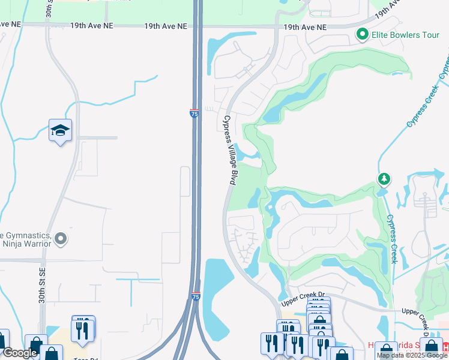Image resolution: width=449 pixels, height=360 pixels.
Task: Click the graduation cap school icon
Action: [60, 131]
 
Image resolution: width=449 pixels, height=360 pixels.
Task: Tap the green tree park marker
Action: [384, 179]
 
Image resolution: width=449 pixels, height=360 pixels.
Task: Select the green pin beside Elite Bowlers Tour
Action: [362, 35]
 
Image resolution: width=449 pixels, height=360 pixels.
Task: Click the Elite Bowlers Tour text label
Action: [406, 35]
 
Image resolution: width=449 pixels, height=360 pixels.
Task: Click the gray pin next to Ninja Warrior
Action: [60, 239]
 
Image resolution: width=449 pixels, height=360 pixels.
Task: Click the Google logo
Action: [20, 353]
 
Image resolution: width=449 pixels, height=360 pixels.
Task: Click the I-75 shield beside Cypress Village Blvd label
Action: [194, 113]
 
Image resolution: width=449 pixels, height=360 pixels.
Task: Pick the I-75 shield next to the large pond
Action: [196, 296]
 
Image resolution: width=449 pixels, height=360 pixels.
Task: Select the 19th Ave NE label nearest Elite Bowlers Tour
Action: [305, 27]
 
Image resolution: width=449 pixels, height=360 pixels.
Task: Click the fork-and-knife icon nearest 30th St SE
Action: [83, 329]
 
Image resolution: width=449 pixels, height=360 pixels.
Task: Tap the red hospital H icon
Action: [445, 347]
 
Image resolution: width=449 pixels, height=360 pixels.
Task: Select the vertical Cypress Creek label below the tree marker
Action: [392, 239]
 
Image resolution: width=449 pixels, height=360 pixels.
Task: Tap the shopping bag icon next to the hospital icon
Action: [430, 348]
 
